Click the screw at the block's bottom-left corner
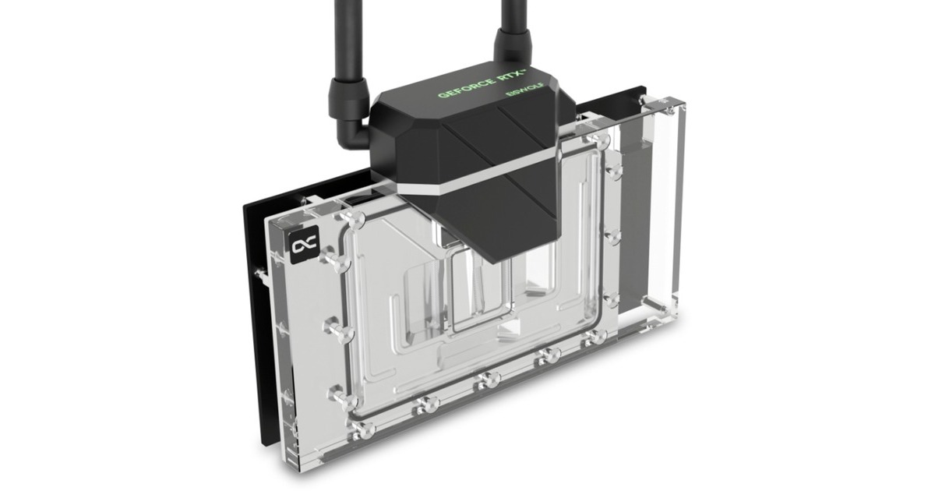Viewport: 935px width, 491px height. [360, 427]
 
